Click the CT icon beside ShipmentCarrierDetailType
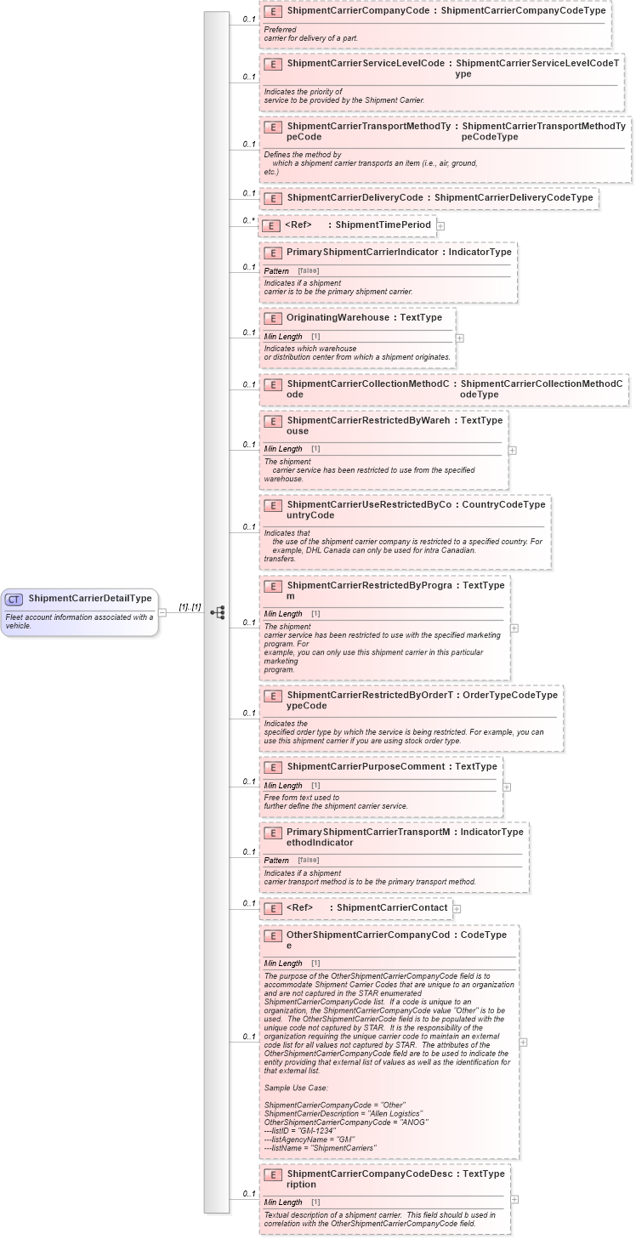coord(14,599)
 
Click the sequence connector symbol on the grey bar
coord(218,612)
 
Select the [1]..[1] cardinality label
coord(190,607)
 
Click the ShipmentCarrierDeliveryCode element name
coord(355,198)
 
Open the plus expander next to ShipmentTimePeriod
coord(440,226)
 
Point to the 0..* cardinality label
coord(248,221)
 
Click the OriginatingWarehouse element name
coord(338,318)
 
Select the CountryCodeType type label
coord(503,505)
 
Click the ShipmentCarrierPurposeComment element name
coord(366,767)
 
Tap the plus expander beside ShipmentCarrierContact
coord(457,909)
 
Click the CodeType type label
coord(484,935)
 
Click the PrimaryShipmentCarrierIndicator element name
coord(362,253)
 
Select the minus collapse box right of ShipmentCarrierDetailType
coord(162,611)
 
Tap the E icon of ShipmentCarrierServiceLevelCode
coord(273,65)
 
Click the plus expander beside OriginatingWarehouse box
coord(459,338)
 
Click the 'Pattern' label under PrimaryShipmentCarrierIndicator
coord(276,270)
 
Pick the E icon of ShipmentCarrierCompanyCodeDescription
coord(273,1175)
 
